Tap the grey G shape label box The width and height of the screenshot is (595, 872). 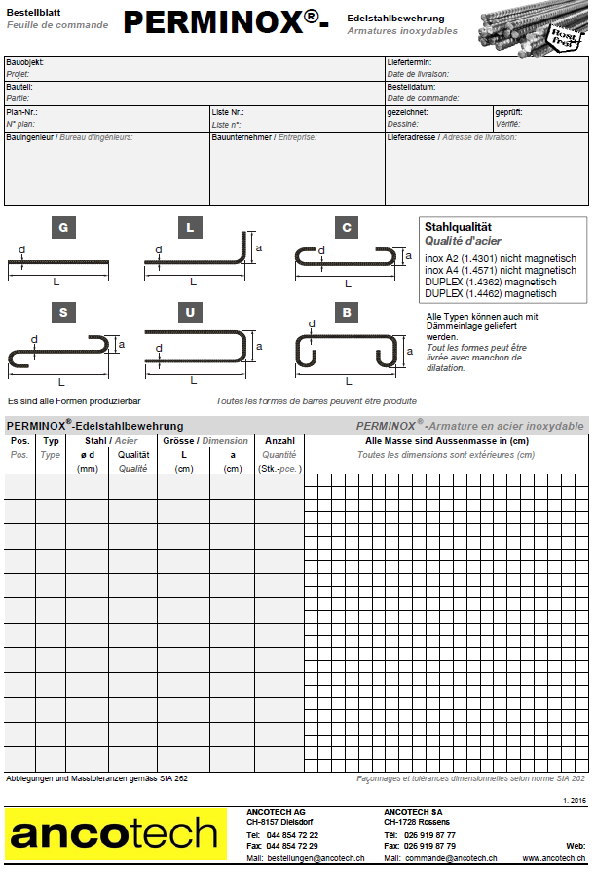coord(63,228)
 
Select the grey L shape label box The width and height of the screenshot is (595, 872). coord(191,228)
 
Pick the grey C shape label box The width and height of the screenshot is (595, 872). coord(347,228)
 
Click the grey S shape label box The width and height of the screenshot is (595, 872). coord(63,313)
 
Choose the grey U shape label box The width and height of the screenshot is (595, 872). coord(191,313)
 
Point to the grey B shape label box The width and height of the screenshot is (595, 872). coord(347,313)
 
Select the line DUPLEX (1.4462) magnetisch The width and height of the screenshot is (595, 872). coord(491,293)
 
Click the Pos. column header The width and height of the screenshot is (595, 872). coord(19,441)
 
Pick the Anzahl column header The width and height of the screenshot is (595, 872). coord(279,441)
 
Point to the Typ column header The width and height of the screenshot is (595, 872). coord(51,441)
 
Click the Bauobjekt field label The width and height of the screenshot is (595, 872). coord(24,62)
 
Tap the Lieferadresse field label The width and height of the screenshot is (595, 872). coord(410,137)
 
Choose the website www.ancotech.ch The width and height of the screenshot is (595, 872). coord(555,858)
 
